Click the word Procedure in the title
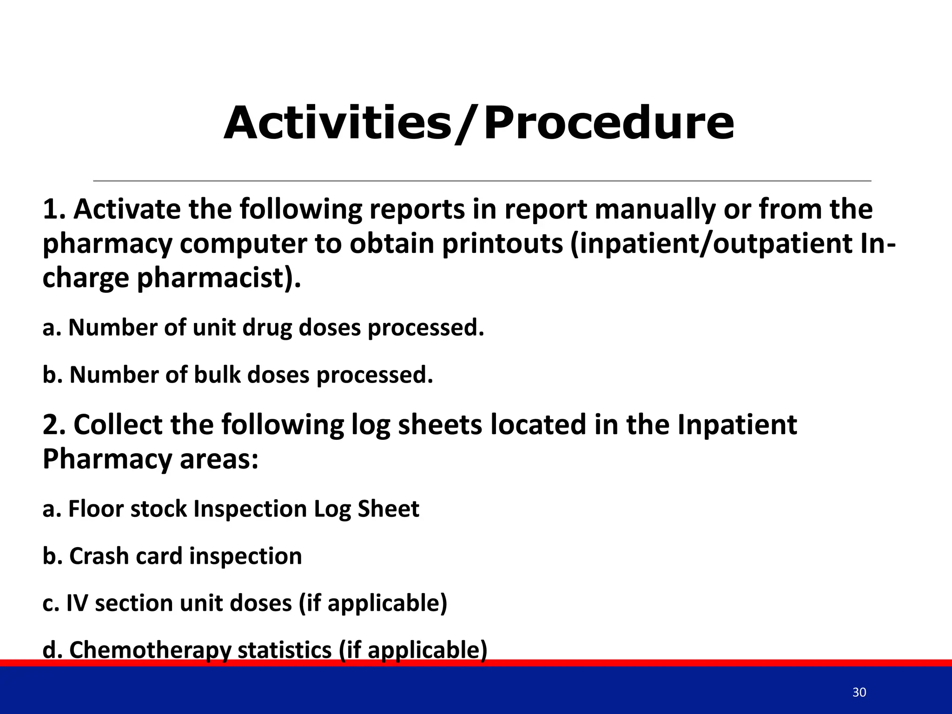click(609, 123)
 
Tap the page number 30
click(859, 692)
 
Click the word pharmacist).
click(219, 278)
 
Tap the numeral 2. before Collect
click(54, 425)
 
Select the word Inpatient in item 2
click(737, 425)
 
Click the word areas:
click(218, 459)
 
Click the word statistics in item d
click(284, 650)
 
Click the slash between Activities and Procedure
click(467, 124)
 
